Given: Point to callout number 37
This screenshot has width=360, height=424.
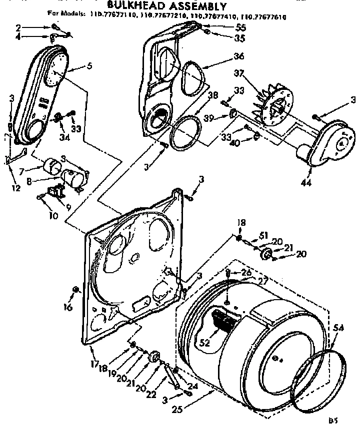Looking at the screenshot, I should tap(238, 74).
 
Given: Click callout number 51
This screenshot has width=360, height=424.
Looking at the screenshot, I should tap(263, 236).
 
